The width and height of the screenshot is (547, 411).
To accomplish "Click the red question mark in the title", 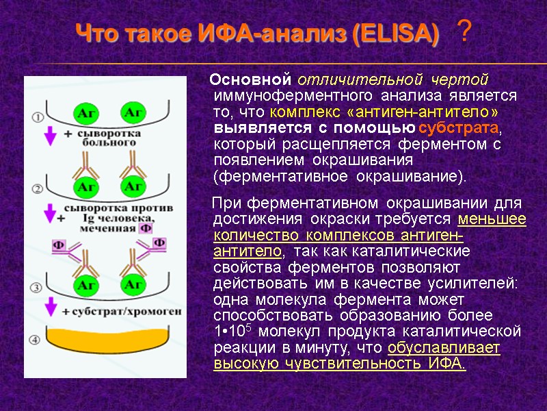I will point(464,31).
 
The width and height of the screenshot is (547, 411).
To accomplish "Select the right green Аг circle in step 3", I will point(133,283).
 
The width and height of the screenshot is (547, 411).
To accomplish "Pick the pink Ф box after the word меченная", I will point(145,229).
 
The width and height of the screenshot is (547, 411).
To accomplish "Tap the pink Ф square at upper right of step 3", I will point(159,242).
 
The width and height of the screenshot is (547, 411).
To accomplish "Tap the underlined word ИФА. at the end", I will point(447,363).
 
